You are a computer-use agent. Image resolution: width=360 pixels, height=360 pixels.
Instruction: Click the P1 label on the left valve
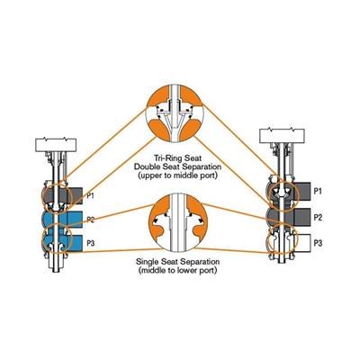click(91, 196)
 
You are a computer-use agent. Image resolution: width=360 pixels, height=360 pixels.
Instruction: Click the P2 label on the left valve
click(91, 220)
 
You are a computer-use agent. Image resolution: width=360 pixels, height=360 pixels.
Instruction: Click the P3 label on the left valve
click(91, 243)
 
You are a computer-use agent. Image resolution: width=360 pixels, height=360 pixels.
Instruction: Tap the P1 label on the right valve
click(318, 191)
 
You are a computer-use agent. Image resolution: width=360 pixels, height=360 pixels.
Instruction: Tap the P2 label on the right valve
click(318, 217)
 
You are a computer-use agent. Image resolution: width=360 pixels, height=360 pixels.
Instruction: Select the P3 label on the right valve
click(318, 243)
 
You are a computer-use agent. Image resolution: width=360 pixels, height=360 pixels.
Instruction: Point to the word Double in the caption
click(147, 166)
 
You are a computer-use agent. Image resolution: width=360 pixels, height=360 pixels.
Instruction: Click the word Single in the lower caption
click(148, 262)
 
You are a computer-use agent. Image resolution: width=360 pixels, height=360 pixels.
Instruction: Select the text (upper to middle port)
click(177, 175)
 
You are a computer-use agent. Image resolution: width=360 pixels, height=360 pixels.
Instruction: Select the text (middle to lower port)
click(177, 270)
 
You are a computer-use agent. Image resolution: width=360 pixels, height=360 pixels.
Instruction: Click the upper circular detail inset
click(175, 114)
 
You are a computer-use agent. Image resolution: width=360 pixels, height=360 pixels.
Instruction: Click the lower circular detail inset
click(178, 221)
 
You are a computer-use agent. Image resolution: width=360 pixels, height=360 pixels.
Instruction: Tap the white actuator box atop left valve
click(56, 145)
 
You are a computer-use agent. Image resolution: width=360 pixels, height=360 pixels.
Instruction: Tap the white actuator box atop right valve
click(282, 136)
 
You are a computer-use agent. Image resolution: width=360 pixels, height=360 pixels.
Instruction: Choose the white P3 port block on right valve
click(302, 243)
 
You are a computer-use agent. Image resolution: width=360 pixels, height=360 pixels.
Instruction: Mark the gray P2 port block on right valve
click(302, 217)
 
